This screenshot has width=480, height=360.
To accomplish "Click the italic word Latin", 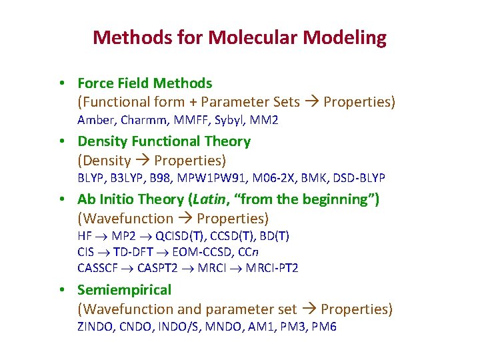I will click(x=209, y=199).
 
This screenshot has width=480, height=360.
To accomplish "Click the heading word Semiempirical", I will click(x=125, y=290).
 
